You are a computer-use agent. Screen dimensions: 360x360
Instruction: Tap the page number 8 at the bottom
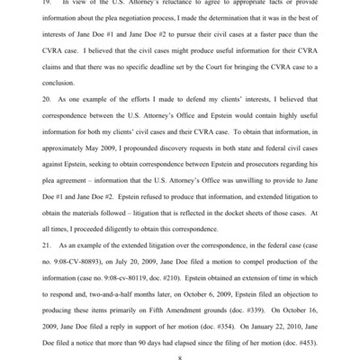click(x=179, y=356)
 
